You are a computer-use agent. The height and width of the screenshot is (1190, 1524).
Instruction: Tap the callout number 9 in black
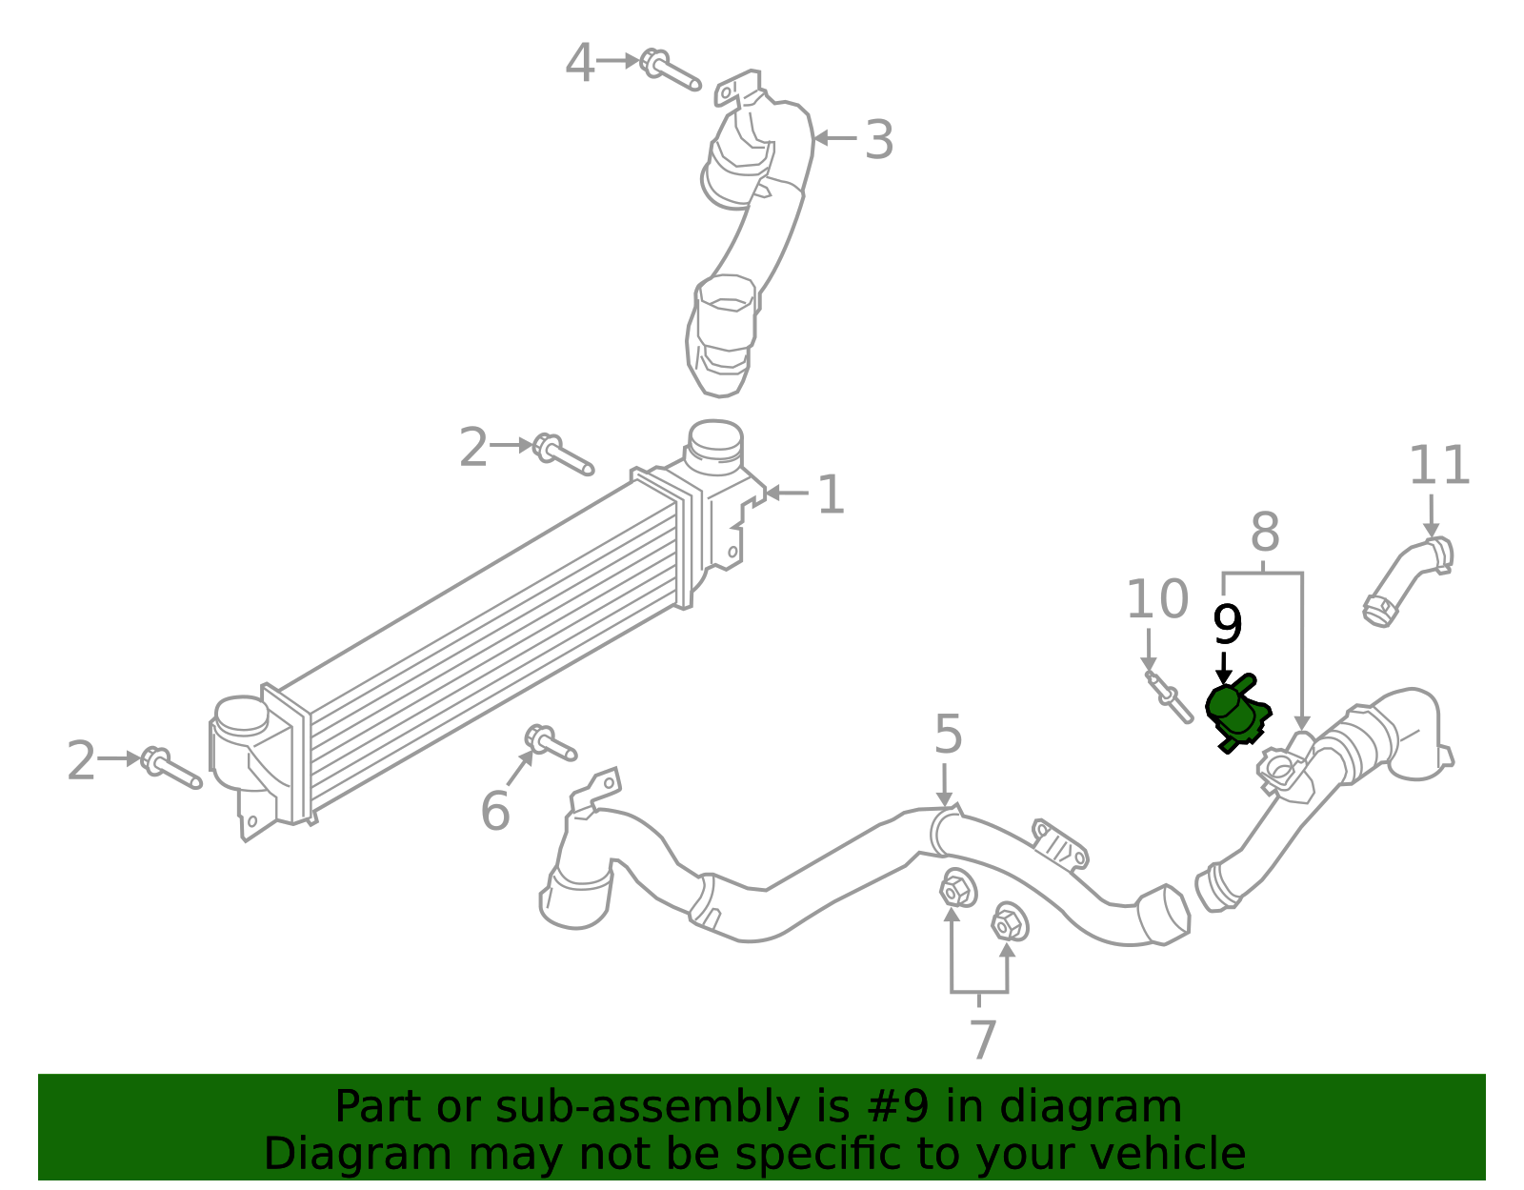pos(1227,626)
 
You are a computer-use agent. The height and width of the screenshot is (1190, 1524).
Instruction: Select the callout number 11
pos(1439,466)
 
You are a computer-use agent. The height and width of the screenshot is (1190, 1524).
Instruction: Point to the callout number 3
pos(878,140)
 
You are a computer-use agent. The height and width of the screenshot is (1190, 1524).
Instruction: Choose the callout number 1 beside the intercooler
pos(831,495)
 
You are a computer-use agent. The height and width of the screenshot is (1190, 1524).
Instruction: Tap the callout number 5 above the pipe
pos(948,735)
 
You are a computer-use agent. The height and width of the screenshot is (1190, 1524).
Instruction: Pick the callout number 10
pos(1157,600)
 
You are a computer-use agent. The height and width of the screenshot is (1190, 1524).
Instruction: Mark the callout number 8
pos(1264,533)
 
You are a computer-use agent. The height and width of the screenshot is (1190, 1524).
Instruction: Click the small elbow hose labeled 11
pos(1406,580)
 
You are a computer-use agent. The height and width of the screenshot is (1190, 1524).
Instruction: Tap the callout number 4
pos(579,64)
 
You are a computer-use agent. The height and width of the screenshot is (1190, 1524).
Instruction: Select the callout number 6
pos(495,812)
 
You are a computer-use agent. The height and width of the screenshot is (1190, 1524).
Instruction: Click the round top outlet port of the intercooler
pos(714,439)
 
